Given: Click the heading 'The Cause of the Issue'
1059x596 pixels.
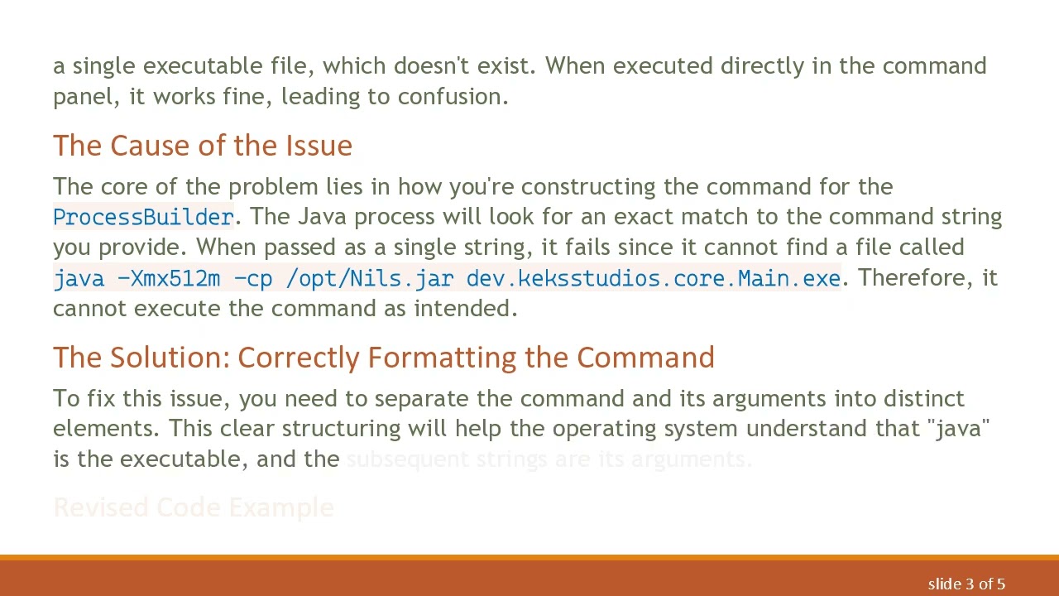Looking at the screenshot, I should [203, 146].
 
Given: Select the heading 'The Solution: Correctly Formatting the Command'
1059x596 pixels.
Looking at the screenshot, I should [383, 358].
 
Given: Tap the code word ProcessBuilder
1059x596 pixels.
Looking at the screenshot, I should [143, 217].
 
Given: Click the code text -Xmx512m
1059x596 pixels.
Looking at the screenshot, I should [169, 278].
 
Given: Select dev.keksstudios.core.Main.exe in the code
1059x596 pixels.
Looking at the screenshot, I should [653, 278].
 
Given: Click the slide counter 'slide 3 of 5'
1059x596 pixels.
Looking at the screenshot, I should [966, 584].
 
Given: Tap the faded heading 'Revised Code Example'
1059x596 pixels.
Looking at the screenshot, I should [194, 507].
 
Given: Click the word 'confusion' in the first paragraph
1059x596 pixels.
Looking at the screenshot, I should [450, 97].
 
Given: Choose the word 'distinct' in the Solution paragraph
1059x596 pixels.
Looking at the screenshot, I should [923, 398].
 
